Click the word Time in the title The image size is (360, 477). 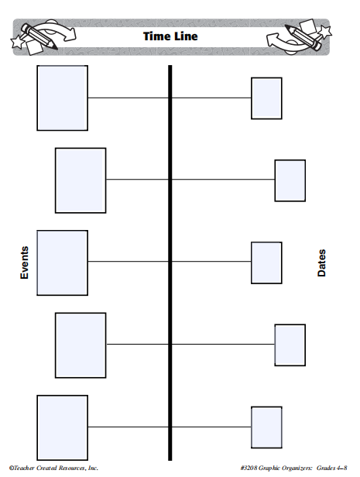[155, 36]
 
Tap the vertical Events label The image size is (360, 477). [24, 263]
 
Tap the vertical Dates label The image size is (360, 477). [321, 263]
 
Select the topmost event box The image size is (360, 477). [63, 98]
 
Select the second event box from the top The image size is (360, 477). [81, 180]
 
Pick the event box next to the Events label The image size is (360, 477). [63, 263]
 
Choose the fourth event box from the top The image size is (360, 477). [81, 345]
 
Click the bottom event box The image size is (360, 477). [63, 427]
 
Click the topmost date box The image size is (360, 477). [266, 98]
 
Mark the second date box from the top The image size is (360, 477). [290, 180]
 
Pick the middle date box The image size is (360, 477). [266, 263]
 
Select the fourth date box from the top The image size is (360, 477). [290, 345]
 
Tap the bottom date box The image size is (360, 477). [266, 427]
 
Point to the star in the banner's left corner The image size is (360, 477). [18, 42]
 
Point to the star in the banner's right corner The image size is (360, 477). [324, 31]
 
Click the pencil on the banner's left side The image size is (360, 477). [39, 37]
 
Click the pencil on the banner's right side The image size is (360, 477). [303, 37]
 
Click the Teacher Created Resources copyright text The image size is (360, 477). [53, 468]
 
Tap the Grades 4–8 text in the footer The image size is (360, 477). [331, 468]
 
